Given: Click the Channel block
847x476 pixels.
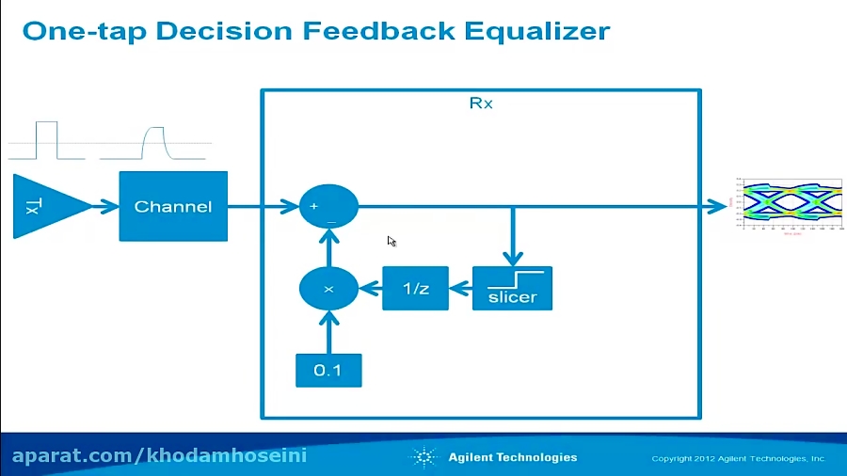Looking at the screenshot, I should pos(173,206).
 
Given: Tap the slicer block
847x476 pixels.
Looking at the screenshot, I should pos(512,289).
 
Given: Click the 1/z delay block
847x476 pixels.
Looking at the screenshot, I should pos(415,289).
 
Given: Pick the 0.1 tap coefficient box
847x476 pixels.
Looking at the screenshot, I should pos(328,370).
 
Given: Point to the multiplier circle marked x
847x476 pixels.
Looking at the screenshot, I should pos(328,289).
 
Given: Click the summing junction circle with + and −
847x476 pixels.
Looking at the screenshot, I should pos(328,206).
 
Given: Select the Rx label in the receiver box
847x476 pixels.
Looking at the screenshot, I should pos(481,103).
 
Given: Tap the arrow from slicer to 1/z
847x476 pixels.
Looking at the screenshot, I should pos(460,289).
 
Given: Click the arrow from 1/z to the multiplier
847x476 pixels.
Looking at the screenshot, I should pos(370,289).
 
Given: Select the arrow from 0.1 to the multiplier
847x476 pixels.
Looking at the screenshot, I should pos(328,332).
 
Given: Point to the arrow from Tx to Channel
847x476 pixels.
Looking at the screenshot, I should pos(105,206).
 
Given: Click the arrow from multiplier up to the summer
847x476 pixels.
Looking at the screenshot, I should pos(328,247).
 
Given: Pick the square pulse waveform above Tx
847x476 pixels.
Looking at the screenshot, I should pos(46,140).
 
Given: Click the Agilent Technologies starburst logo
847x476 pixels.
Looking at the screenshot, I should pos(423,458).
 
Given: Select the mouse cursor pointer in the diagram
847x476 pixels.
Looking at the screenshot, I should pos(392,241).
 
